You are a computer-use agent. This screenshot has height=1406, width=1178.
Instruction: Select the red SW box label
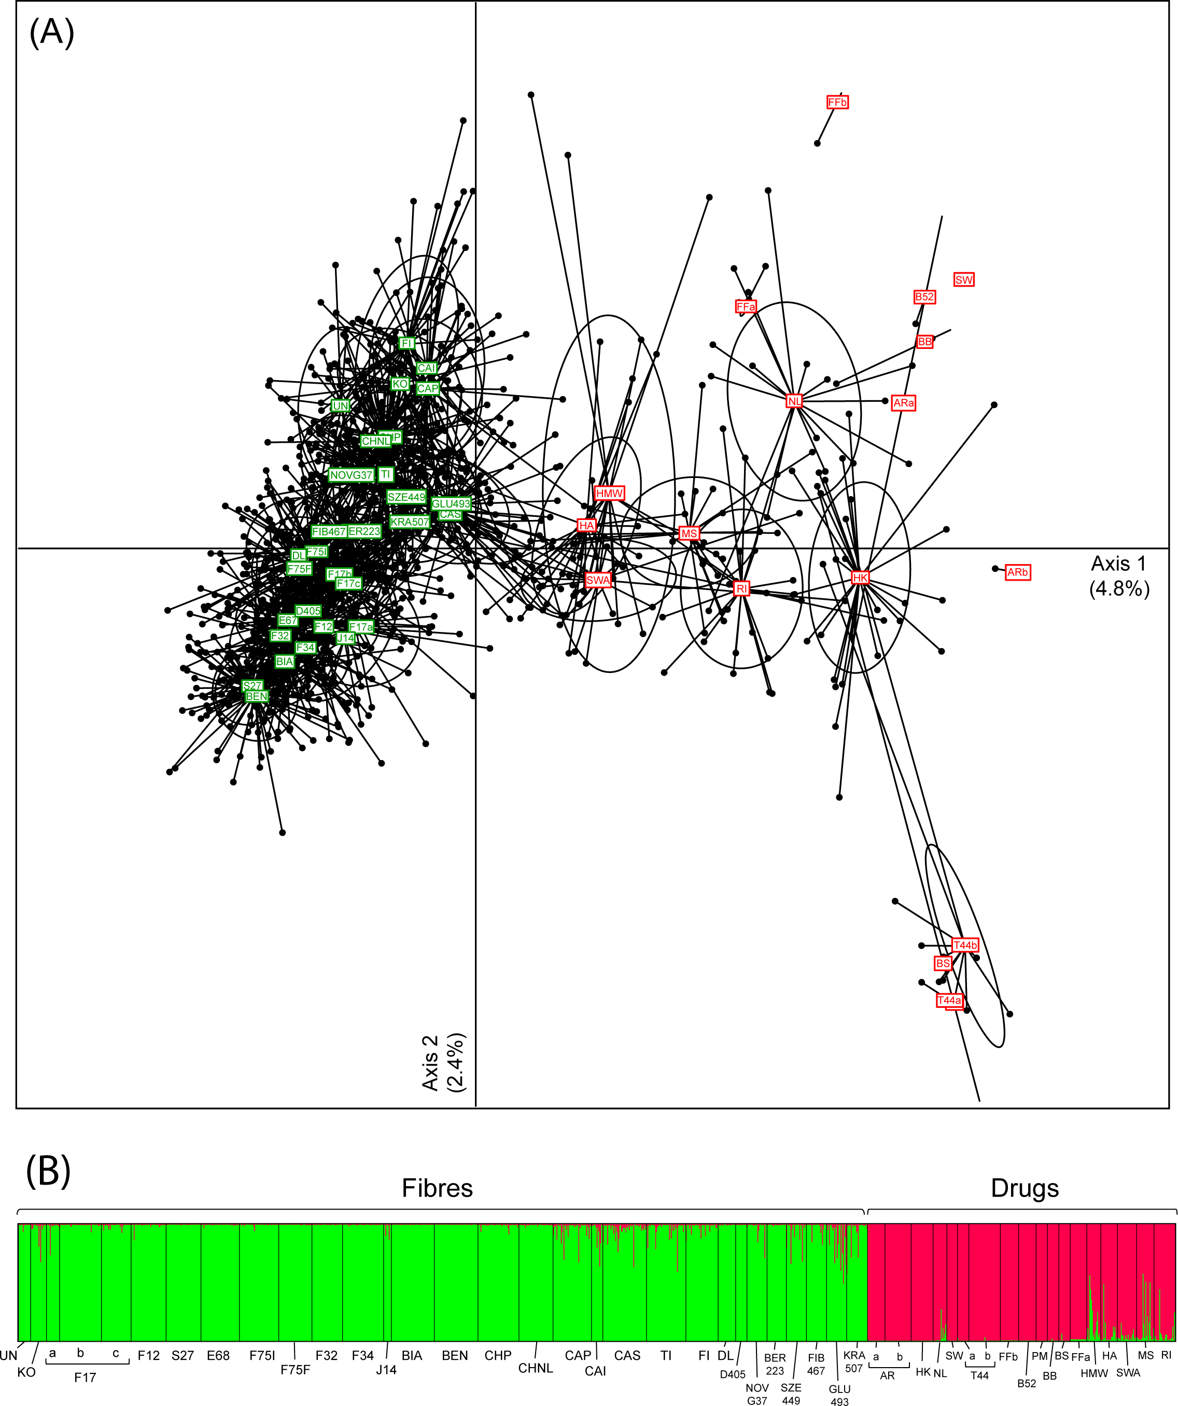(964, 280)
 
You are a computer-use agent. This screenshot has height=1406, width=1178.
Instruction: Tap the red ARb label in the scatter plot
(1017, 572)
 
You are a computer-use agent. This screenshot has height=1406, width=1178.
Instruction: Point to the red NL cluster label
(794, 401)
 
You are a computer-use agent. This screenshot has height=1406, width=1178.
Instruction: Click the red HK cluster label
(860, 578)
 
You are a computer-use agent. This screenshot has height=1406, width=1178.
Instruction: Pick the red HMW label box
(609, 494)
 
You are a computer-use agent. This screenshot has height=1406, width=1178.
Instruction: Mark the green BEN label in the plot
(257, 696)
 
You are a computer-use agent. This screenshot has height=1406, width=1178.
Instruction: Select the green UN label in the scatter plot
(340, 406)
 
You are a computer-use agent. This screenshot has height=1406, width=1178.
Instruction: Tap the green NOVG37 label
(351, 475)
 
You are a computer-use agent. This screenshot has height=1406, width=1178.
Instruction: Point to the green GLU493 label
(451, 503)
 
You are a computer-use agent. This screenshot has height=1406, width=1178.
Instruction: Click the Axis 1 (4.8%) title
(1118, 576)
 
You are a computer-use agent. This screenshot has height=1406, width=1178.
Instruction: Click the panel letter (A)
(51, 32)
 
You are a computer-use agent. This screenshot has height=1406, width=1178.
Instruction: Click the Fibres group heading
(437, 1188)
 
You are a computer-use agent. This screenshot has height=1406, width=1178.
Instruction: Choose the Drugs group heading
(1024, 1188)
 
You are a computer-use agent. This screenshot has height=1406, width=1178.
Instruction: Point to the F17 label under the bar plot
(85, 1377)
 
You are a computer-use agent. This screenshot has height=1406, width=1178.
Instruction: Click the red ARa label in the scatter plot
(903, 403)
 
